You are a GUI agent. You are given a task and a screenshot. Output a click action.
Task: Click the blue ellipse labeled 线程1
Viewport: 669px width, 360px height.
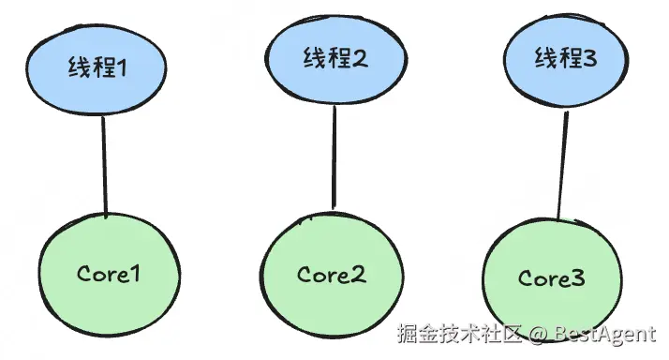click(x=96, y=69)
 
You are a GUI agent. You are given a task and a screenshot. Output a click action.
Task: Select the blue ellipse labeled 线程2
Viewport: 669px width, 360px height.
click(x=335, y=59)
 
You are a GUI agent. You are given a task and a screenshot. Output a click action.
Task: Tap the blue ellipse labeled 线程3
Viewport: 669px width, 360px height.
click(x=566, y=59)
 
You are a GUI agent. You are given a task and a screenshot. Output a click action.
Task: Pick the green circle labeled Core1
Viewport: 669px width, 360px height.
click(x=110, y=275)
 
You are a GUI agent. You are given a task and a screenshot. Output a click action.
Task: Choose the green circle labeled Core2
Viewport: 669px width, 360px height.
click(x=332, y=274)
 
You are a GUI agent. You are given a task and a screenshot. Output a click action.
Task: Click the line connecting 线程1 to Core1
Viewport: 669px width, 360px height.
click(x=104, y=166)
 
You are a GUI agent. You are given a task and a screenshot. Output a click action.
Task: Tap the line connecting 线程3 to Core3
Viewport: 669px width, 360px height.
click(x=562, y=166)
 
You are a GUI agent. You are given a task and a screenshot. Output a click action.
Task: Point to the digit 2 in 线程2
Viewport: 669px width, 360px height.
click(x=359, y=58)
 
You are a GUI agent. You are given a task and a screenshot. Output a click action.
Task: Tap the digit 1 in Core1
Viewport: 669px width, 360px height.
click(x=134, y=274)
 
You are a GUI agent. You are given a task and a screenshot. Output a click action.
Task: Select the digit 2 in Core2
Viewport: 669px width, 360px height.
click(x=358, y=274)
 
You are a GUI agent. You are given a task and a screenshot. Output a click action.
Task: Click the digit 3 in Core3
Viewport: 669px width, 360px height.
click(x=576, y=278)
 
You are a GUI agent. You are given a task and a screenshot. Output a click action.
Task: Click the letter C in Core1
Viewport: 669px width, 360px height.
click(x=85, y=274)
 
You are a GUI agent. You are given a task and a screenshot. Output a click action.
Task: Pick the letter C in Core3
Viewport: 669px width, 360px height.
click(x=526, y=278)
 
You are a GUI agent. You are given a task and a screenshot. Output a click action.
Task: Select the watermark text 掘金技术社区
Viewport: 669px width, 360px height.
click(x=460, y=334)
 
